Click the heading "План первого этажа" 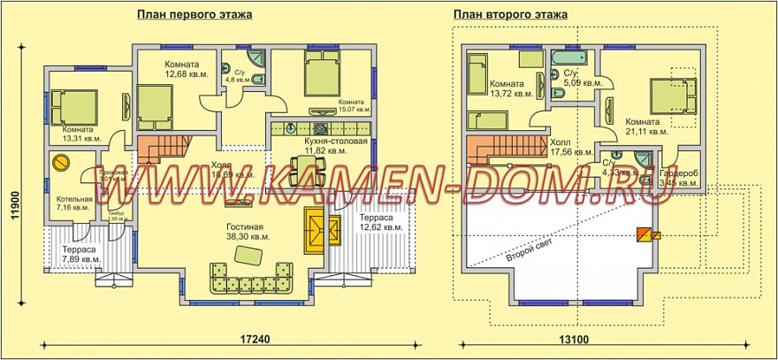(x=194, y=15)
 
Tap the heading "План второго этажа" (x=510, y=15)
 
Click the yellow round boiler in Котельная (x=62, y=163)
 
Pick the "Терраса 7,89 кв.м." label (x=80, y=255)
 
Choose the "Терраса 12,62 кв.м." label (x=381, y=222)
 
